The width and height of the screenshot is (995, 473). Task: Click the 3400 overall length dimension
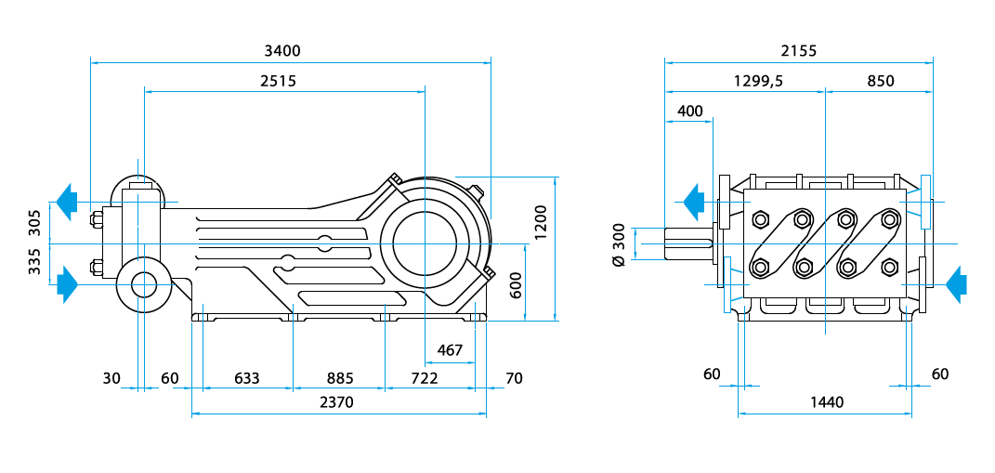coord(282,50)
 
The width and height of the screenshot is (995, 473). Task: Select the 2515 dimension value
coord(278,81)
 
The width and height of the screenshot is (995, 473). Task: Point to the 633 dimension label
coord(246,378)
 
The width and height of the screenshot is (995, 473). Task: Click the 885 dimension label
coord(339,378)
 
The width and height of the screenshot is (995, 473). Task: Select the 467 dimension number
coord(450,350)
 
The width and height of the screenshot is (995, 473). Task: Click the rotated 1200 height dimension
coord(541,220)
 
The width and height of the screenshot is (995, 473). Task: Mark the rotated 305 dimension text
coord(34,223)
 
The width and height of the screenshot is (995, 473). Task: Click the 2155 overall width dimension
coord(798,50)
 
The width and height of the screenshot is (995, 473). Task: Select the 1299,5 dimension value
coord(758,81)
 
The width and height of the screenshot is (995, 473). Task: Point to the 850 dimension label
coord(880,81)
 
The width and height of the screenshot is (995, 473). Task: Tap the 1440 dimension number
coord(826,402)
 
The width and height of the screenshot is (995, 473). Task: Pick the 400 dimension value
coord(690,111)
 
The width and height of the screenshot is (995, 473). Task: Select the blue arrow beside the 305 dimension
coord(65,202)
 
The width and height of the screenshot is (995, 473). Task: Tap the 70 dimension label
coord(514,378)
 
